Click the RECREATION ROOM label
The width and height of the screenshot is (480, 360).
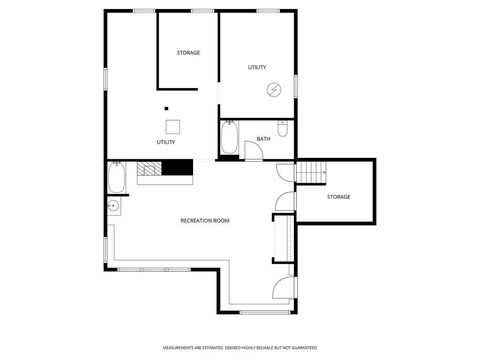[x=205, y=220]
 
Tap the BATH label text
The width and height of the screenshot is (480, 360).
[x=263, y=139]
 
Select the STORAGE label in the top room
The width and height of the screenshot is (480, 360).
[x=188, y=52]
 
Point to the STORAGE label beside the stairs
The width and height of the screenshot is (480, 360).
[x=338, y=197]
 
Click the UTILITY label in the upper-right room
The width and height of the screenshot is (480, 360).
[x=257, y=67]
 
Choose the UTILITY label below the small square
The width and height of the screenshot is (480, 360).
[x=166, y=142]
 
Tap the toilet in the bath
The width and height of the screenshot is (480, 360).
[x=284, y=128]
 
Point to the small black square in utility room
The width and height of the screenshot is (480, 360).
[x=167, y=108]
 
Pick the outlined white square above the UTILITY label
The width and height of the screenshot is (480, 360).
[x=173, y=126]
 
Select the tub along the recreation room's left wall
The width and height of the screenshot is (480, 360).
[x=116, y=179]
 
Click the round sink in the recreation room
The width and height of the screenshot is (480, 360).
[x=114, y=207]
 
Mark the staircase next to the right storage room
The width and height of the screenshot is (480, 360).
[x=311, y=174]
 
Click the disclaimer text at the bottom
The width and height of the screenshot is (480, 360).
[x=239, y=347]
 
